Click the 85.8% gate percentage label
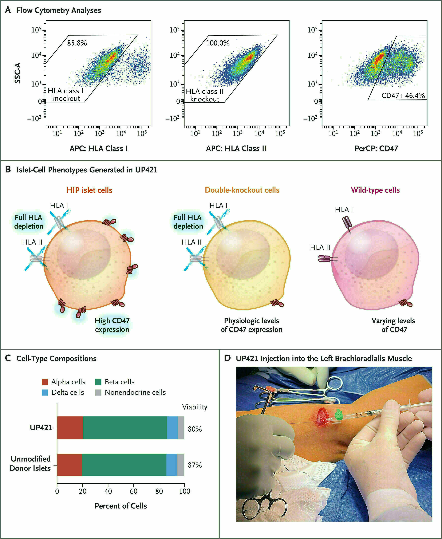pyautogui.click(x=77, y=43)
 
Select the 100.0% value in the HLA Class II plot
pyautogui.click(x=218, y=43)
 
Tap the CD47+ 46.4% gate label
pyautogui.click(x=403, y=96)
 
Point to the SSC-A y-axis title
pyautogui.click(x=17, y=73)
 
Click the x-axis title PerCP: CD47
pyautogui.click(x=376, y=148)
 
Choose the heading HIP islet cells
pyautogui.click(x=89, y=190)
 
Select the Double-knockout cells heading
pyautogui.click(x=242, y=190)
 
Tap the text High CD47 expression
pyautogui.click(x=112, y=325)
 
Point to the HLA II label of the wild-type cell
pyautogui.click(x=320, y=247)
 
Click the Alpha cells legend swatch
pyautogui.click(x=45, y=382)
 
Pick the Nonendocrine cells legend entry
pyautogui.click(x=135, y=392)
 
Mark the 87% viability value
pyautogui.click(x=195, y=465)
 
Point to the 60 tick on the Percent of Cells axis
pyautogui.click(x=134, y=491)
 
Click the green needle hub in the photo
pyautogui.click(x=339, y=415)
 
